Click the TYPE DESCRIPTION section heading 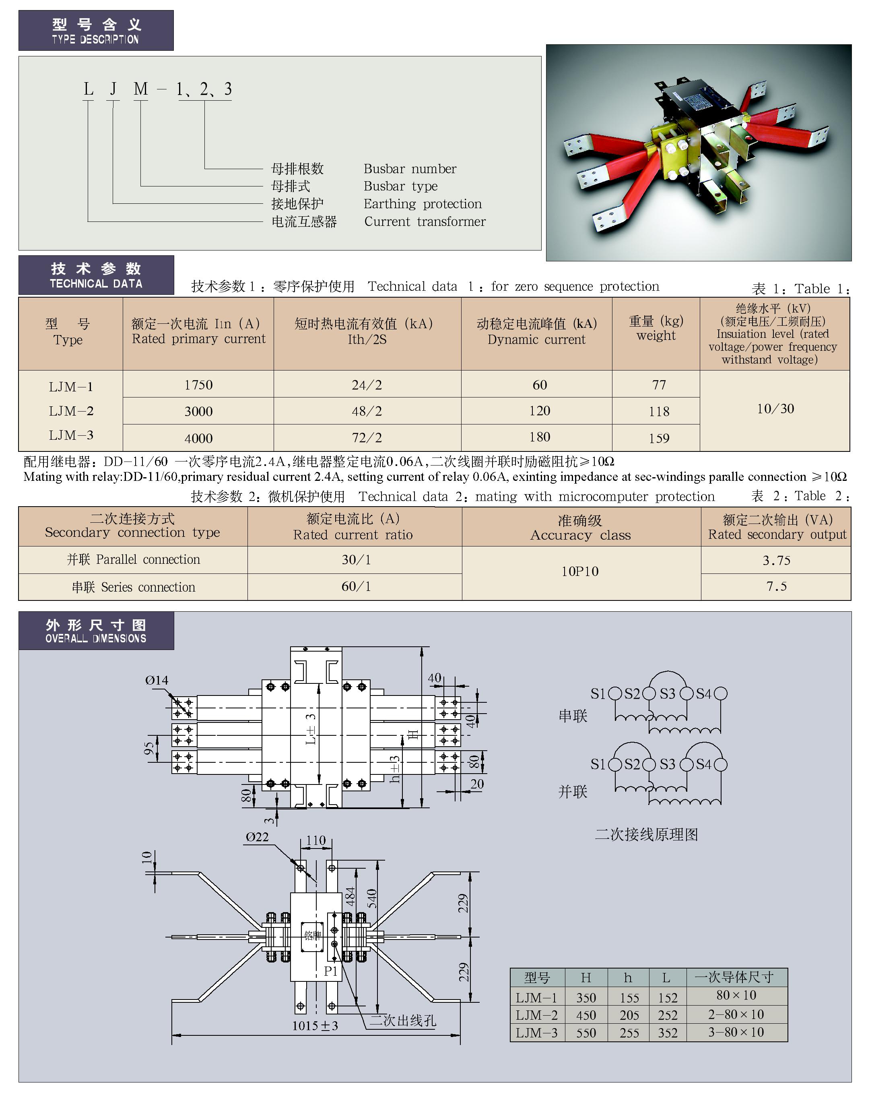(96, 31)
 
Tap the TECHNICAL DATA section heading (96, 275)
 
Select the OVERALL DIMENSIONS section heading (96, 631)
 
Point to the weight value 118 (659, 411)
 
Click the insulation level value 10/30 (775, 408)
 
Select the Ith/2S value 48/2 (367, 411)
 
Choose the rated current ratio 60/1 (356, 586)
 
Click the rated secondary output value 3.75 (776, 560)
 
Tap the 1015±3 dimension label (315, 1026)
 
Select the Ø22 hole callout (257, 837)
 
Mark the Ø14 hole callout (157, 680)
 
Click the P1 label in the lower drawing (331, 971)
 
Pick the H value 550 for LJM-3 (586, 1033)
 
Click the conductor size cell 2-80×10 (736, 1014)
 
